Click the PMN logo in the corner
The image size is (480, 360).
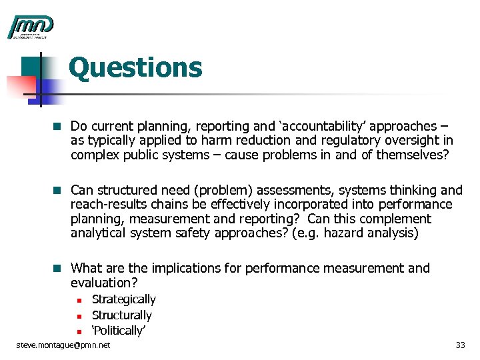point(30,27)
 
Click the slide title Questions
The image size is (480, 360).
point(135,68)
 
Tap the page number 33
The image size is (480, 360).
point(459,345)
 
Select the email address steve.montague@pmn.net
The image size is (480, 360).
point(63,345)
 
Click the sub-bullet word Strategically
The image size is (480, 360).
point(123,299)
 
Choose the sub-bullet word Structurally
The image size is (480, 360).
point(121,315)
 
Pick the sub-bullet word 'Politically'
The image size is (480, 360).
point(119,330)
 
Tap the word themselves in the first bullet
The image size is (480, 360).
point(414,155)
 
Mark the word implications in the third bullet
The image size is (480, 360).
point(185,268)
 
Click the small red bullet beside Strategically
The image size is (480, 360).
point(77,300)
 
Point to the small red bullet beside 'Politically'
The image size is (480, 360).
point(77,331)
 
